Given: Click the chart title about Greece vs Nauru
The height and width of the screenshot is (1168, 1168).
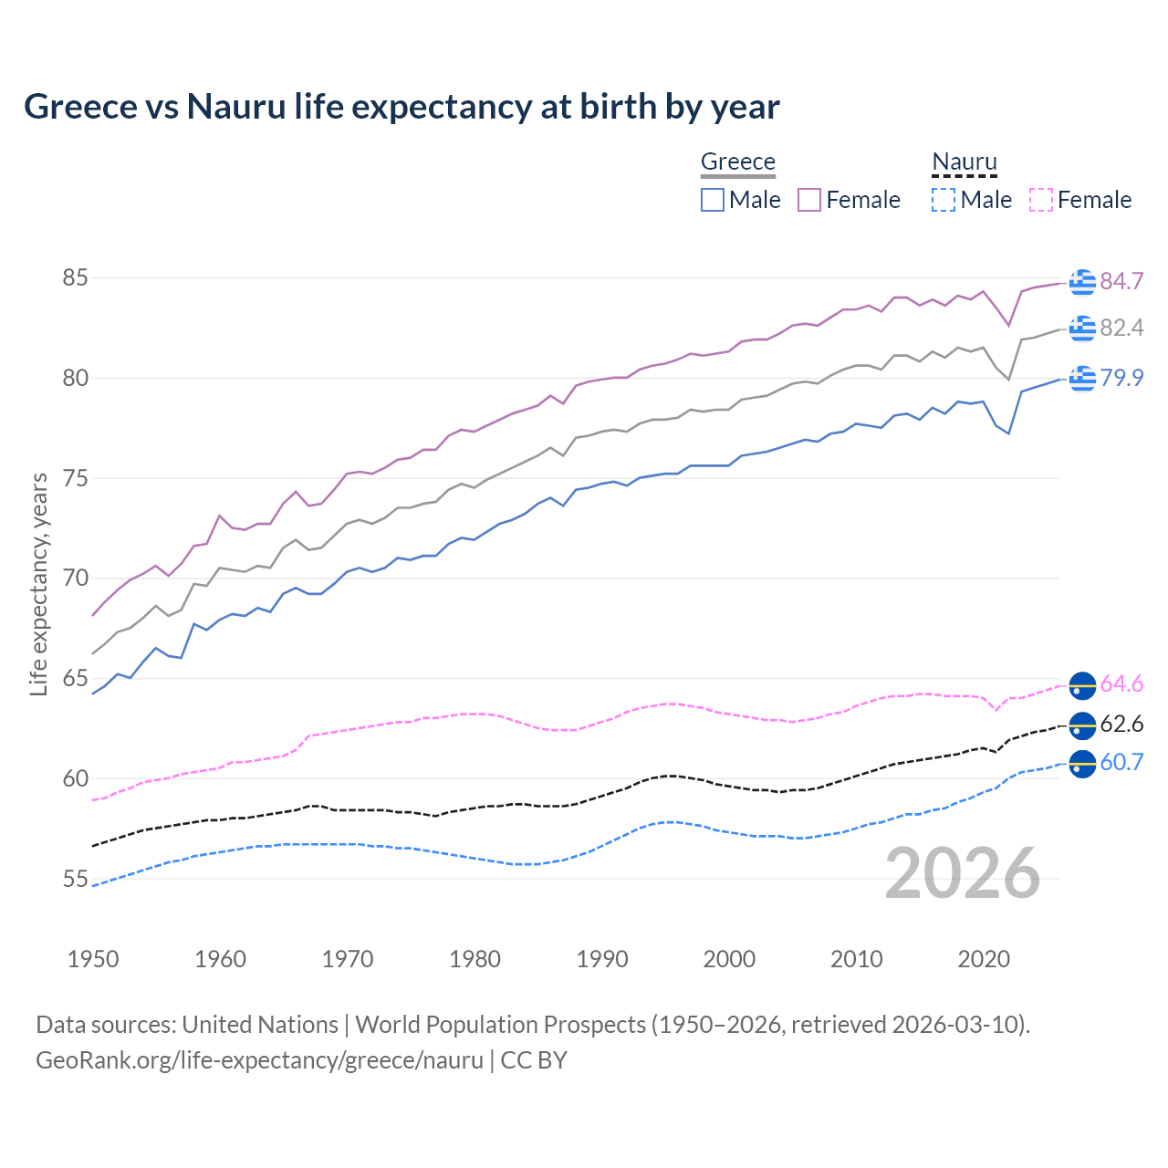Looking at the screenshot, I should click(401, 107).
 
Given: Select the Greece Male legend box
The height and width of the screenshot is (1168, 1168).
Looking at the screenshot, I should click(713, 200).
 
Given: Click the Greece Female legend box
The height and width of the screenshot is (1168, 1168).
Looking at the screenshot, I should click(809, 200).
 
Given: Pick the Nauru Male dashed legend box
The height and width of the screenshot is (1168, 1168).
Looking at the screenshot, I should click(944, 200).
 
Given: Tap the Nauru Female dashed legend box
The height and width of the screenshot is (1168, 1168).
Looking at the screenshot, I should click(1040, 200).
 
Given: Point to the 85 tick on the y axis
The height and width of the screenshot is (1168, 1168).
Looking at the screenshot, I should click(75, 277).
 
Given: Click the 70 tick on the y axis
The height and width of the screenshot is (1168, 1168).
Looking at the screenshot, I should click(75, 579).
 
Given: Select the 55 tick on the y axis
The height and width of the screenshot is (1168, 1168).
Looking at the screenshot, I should click(75, 880).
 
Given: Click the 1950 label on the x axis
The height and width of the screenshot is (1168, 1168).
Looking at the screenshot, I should click(93, 959).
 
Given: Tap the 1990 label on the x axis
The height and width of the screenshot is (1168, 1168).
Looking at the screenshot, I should click(602, 959).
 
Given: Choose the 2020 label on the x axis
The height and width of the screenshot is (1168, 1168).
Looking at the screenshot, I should click(984, 959).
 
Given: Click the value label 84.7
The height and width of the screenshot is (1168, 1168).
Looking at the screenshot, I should click(1121, 282).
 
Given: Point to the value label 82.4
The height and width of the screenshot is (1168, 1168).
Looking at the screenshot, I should click(1121, 328).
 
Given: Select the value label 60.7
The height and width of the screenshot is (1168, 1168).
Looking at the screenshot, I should click(1121, 763).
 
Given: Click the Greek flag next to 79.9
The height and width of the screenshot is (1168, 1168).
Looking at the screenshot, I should click(1082, 377).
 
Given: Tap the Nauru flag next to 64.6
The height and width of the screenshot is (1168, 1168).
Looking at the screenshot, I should click(1082, 684).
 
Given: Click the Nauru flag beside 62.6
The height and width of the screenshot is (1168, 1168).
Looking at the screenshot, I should click(1082, 725).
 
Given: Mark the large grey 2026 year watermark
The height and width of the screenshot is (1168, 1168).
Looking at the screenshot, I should click(963, 873).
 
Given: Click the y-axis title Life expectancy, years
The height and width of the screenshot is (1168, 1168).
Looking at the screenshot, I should click(38, 584).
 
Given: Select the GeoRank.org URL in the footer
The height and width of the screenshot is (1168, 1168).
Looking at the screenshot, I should click(259, 1060).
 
